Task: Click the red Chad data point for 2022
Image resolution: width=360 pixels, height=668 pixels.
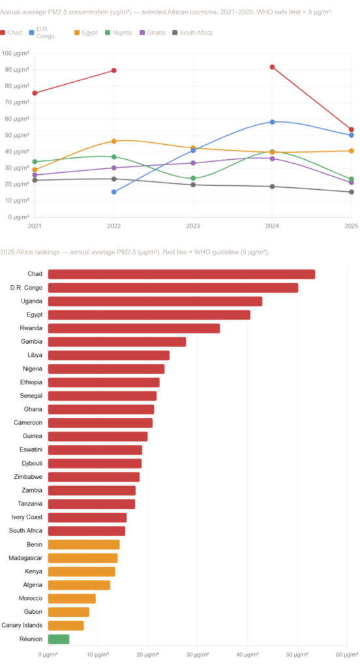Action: click(114, 70)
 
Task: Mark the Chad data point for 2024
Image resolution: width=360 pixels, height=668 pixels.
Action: click(272, 67)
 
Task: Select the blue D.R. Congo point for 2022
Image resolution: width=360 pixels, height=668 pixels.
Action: click(114, 192)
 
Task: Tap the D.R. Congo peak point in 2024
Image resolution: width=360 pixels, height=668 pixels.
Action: click(272, 122)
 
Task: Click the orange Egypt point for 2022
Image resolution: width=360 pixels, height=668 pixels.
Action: click(114, 141)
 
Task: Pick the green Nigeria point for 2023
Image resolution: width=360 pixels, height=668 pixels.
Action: click(193, 178)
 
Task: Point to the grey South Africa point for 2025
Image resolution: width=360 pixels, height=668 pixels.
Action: click(351, 192)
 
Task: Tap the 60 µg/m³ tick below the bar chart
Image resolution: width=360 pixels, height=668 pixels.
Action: click(347, 653)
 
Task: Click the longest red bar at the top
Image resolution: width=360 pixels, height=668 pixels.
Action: click(181, 274)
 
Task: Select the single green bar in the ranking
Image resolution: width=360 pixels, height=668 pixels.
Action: click(59, 639)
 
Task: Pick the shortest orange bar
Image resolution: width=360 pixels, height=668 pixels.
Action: click(66, 626)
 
